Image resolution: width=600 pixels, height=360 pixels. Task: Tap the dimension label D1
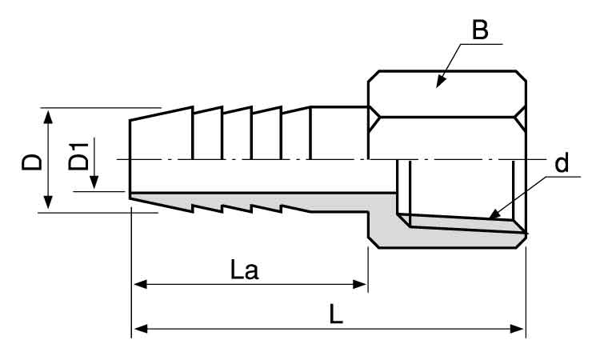(78, 155)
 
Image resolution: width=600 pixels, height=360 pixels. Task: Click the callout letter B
(480, 31)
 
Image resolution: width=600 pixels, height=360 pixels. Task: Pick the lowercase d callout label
(562, 164)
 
